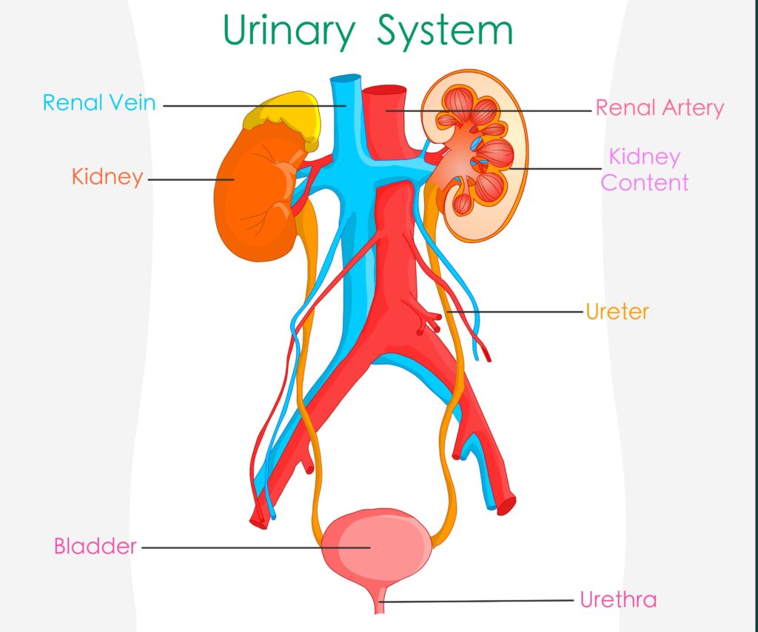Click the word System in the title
(x=444, y=32)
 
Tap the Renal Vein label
(x=99, y=102)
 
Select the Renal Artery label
(x=660, y=108)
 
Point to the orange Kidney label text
(x=107, y=177)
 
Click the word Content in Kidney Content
(x=645, y=183)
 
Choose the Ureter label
(x=617, y=312)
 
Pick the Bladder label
(x=95, y=547)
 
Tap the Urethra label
(x=618, y=599)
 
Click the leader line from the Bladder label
(x=252, y=548)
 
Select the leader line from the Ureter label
(x=518, y=312)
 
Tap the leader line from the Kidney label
(x=189, y=179)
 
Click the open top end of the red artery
(x=384, y=92)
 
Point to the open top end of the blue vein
(x=346, y=79)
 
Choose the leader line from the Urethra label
(x=481, y=601)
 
